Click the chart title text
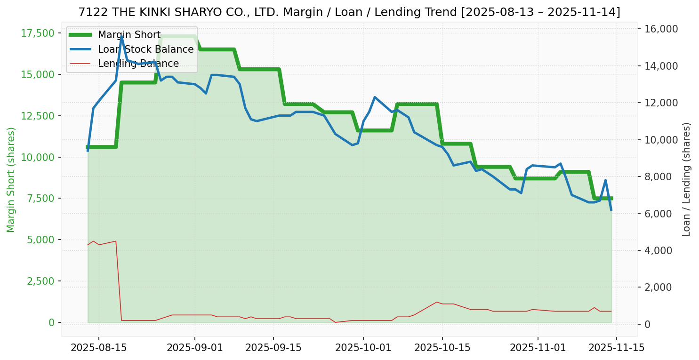click(349, 12)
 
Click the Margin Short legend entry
click(129, 35)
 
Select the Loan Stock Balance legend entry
click(145, 49)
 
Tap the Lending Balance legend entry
click(138, 64)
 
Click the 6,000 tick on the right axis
click(662, 214)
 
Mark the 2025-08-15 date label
click(98, 348)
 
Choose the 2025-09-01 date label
click(194, 348)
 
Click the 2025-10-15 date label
click(442, 348)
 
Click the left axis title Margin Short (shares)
click(11, 180)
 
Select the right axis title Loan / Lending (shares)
click(686, 180)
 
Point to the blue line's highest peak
click(121, 36)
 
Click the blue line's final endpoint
click(611, 210)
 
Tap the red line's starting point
click(88, 245)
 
